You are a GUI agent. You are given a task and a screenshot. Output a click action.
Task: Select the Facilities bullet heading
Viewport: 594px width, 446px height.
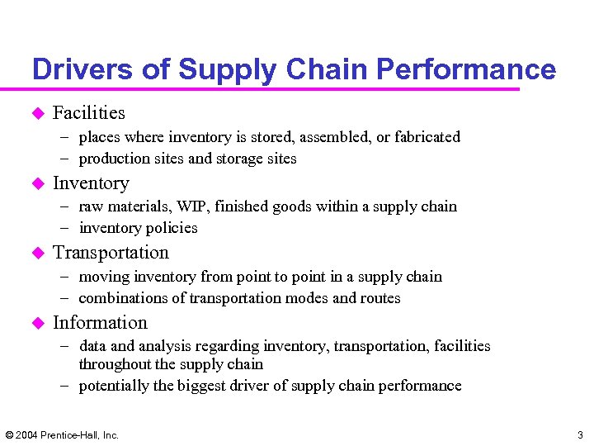[89, 113]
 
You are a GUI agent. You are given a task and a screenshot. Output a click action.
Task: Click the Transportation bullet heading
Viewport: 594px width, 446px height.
[111, 253]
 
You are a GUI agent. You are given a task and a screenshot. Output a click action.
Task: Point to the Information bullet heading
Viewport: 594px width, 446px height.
[100, 323]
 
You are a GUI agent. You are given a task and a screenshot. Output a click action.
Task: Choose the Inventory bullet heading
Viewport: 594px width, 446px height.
[91, 183]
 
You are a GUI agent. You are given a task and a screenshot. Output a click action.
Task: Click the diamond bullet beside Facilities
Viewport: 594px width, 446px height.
[36, 113]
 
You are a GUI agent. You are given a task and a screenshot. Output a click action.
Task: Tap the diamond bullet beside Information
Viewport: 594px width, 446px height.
[36, 323]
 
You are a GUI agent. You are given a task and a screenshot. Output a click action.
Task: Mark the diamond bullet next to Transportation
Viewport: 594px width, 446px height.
[36, 253]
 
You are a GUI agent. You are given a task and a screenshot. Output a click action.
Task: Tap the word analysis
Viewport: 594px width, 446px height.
[167, 346]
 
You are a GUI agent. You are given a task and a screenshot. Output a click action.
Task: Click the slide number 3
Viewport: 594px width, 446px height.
[579, 434]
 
